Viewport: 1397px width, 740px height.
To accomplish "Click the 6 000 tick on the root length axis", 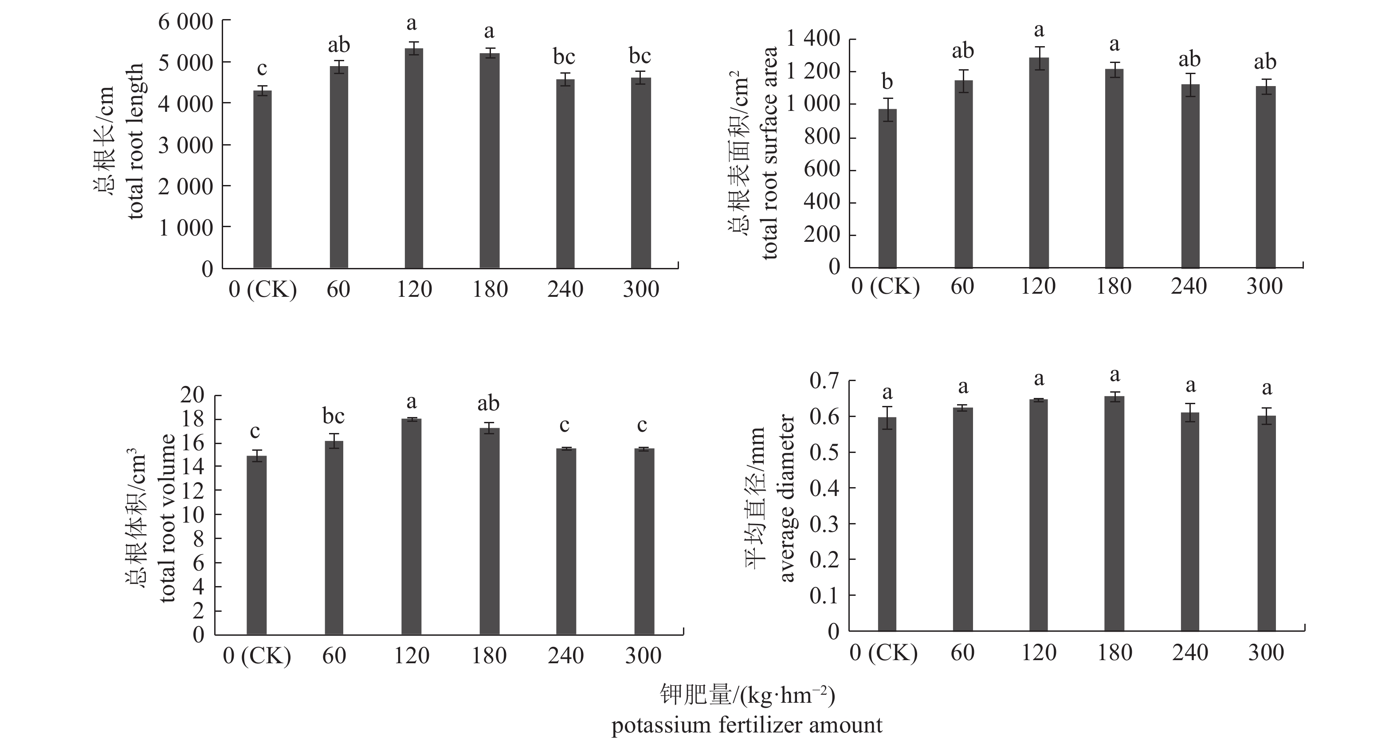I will coord(185,22).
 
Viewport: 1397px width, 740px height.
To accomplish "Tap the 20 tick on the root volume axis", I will coord(192,395).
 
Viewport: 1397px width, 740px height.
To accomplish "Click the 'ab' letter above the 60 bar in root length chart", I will coord(339,45).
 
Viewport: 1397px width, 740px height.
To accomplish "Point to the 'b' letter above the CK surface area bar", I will coord(887,82).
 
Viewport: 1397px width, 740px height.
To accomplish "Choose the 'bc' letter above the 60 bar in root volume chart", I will coord(334,417).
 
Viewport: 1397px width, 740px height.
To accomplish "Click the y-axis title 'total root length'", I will coord(136,141).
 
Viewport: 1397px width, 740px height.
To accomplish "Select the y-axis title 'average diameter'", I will coord(786,498).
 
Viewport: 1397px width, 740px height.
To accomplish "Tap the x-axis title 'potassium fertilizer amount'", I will coord(747,725).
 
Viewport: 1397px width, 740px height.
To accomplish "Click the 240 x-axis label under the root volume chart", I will coord(565,656).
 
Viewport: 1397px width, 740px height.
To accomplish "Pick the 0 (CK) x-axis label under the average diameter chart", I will coord(883,653).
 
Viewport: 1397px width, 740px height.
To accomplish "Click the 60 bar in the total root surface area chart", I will coord(964,173).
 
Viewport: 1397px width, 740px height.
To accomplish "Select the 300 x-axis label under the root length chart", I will coord(640,289).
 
